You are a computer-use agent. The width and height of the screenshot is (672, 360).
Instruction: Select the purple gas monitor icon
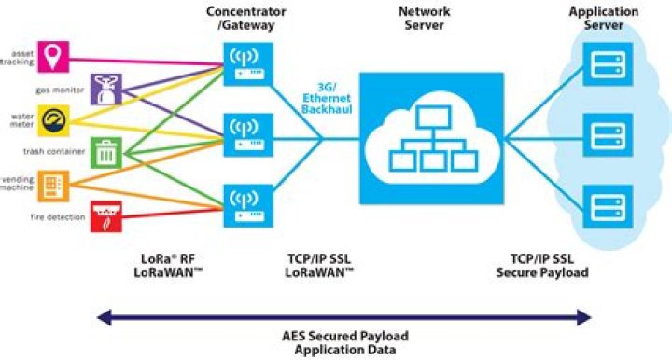point(105,90)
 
